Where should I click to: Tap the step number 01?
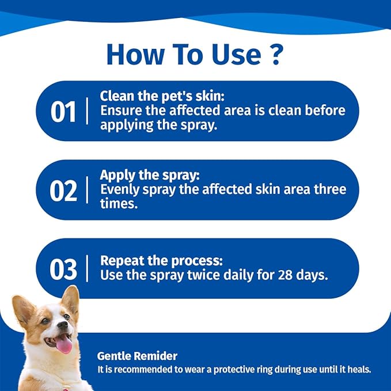point(63,112)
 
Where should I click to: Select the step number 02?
point(63,191)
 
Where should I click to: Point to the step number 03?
point(63,269)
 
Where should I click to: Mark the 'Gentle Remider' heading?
point(137,356)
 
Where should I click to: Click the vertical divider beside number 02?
point(88,190)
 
